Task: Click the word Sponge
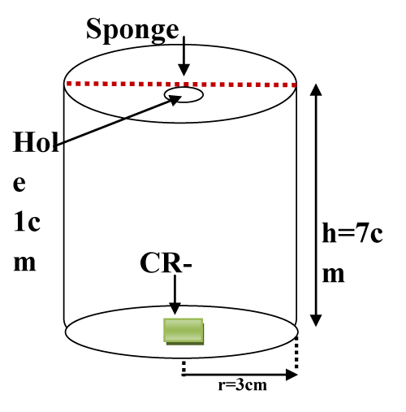[x=132, y=30]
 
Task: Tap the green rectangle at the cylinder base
[x=184, y=332]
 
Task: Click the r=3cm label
[x=243, y=385]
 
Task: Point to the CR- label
[x=166, y=262]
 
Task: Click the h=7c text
[x=352, y=232]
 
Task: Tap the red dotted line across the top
[x=181, y=84]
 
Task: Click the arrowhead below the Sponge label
[x=184, y=70]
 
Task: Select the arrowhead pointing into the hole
[x=175, y=99]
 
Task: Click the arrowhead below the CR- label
[x=175, y=309]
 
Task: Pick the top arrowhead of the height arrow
[x=316, y=90]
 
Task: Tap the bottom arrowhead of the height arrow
[x=316, y=320]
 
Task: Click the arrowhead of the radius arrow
[x=292, y=375]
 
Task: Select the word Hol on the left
[x=36, y=142]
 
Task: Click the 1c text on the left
[x=27, y=222]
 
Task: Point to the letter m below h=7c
[x=334, y=275]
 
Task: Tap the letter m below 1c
[x=24, y=263]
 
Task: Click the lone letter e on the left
[x=19, y=184]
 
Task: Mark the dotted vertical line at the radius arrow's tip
[x=296, y=353]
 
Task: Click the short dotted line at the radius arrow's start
[x=184, y=366]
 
